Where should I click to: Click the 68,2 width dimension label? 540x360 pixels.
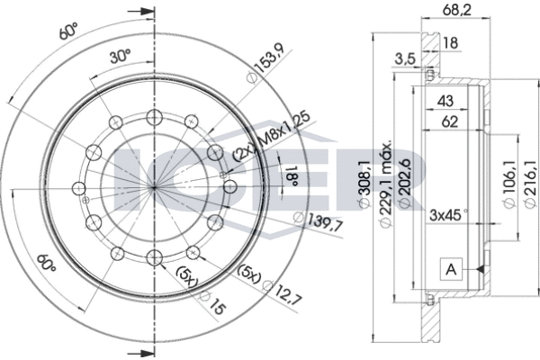point(455,9)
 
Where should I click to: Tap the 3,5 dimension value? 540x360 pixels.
point(404,59)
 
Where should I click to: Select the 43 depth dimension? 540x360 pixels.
point(445,101)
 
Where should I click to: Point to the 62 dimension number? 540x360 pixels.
point(449,121)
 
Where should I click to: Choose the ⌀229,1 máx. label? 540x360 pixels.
point(385,184)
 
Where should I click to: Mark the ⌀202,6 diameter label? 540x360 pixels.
point(404,184)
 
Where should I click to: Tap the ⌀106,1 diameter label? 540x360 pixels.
point(509,184)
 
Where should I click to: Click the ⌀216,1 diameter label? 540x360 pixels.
point(530,184)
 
